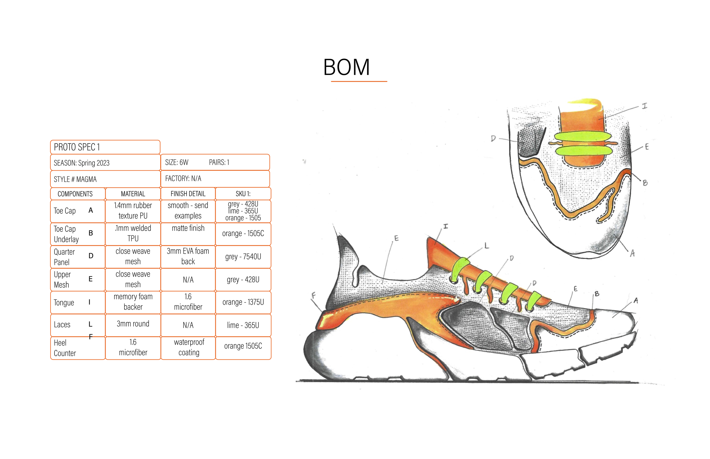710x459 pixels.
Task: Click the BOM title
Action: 346,67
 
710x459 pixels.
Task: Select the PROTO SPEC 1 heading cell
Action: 105,147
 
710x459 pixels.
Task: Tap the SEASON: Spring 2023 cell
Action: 105,163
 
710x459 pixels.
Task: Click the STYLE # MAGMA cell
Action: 105,179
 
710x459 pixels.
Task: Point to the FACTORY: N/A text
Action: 183,178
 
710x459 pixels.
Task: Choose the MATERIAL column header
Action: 133,194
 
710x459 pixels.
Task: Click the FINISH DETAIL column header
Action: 188,194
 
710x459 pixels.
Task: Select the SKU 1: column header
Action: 243,194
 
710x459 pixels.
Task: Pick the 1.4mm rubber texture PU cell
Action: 133,210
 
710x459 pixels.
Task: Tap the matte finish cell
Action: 188,228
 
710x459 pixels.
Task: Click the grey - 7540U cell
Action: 243,257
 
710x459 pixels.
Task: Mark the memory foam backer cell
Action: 133,302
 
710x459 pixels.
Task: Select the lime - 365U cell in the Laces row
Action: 243,325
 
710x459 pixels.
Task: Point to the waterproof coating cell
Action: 189,347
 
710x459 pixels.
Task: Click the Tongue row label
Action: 64,302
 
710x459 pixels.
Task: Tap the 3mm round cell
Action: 133,324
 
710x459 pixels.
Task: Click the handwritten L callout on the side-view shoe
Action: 486,246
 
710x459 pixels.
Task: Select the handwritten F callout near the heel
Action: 314,295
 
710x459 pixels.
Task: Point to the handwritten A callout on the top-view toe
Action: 632,253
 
